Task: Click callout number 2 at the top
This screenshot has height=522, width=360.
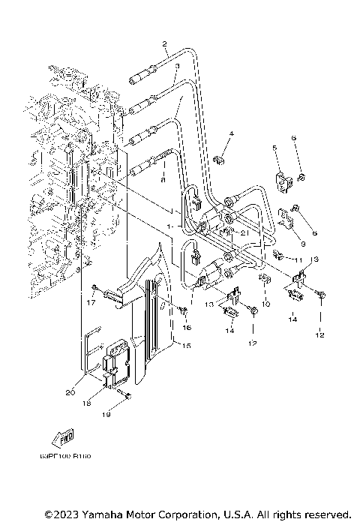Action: [x=163, y=45]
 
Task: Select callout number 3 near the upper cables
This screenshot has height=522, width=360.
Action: [x=176, y=67]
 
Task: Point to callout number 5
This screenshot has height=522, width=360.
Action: [x=274, y=149]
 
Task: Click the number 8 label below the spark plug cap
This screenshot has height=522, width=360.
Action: [x=163, y=180]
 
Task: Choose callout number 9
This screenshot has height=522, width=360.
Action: [x=302, y=243]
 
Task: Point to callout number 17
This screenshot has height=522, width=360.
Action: [x=92, y=303]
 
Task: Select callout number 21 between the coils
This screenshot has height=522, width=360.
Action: [x=244, y=232]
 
